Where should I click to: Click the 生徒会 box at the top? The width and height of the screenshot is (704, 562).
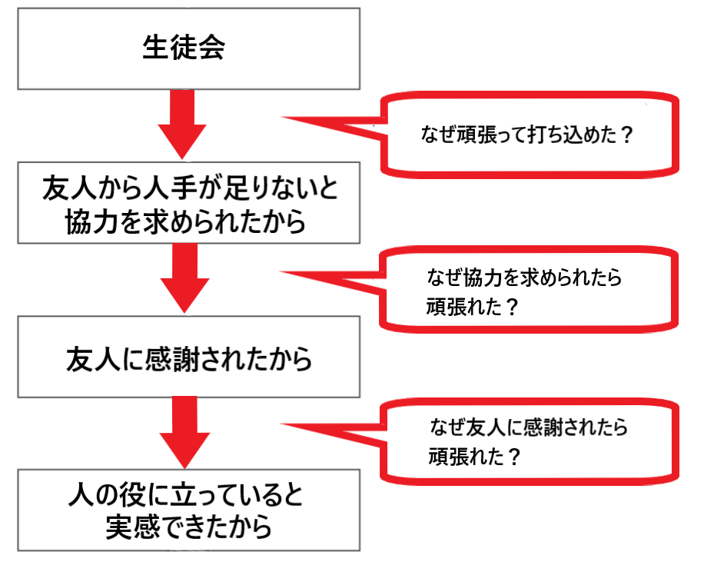point(188,48)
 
